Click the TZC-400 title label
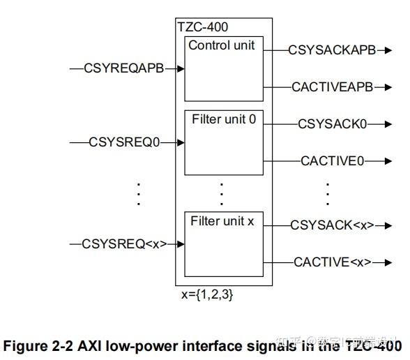point(202,28)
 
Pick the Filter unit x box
point(223,244)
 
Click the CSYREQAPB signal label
point(123,68)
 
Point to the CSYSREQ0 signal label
point(124,142)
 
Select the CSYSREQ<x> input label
point(124,244)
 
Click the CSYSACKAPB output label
point(332,50)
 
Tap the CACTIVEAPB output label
point(332,87)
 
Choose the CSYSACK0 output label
point(332,124)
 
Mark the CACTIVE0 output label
point(332,161)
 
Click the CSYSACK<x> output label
point(332,225)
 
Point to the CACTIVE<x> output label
point(332,262)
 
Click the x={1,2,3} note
point(207,295)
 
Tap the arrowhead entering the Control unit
point(181,68)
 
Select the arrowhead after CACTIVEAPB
point(388,87)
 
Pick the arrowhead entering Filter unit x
point(181,244)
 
